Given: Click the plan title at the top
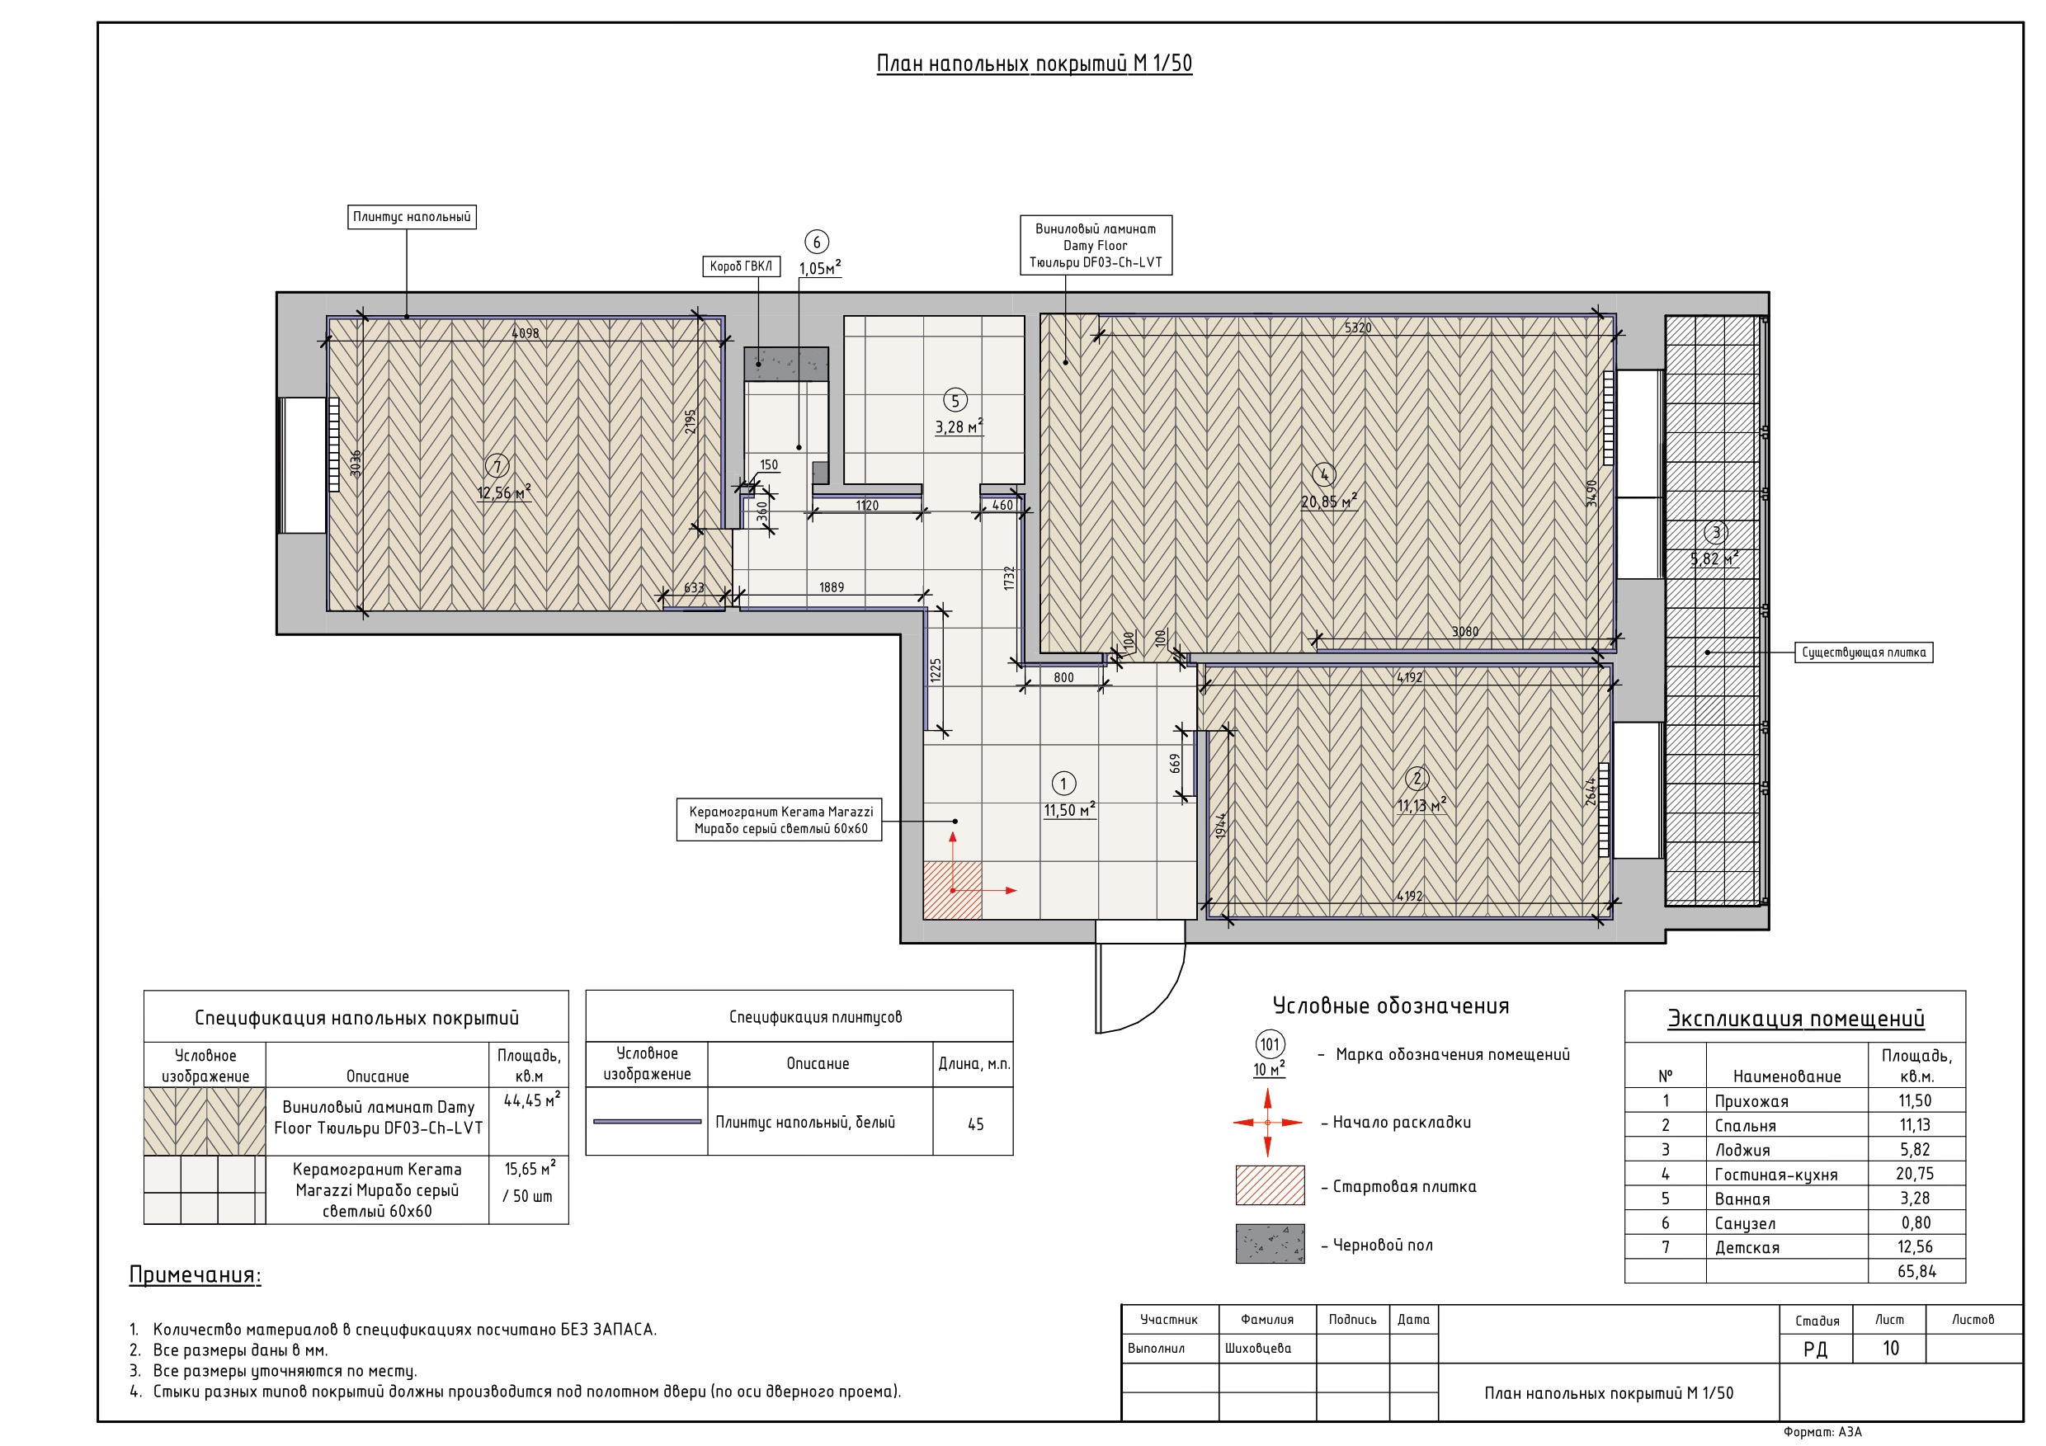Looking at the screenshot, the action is pos(1034,64).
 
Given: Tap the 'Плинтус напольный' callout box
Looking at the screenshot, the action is pos(412,216).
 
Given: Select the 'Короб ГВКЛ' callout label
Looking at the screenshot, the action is pos(742,266).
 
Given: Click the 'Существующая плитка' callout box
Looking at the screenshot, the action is pos(1864,652).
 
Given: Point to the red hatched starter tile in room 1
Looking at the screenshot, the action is pos(953,890).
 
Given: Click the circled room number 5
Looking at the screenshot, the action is pos(955,401).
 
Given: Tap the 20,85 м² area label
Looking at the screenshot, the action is pos(1328,501).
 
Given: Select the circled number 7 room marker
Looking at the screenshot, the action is pos(497,465).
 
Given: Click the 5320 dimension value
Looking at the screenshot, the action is pos(1357,327).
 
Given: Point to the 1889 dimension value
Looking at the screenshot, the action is pos(832,587).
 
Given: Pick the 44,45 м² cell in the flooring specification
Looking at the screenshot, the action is pos(531,1100).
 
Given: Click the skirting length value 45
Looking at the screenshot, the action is pos(976,1124).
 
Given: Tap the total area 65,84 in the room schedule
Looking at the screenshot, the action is pos(1916,1271).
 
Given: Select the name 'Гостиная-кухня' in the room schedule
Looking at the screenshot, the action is pos(1776,1175).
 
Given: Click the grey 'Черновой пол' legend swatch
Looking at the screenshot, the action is pos(1270,1244).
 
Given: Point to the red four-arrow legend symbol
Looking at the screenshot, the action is pos(1267,1123).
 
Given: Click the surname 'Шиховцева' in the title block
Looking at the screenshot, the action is pos(1257,1348).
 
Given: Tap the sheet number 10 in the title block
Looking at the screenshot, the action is pos(1890,1348).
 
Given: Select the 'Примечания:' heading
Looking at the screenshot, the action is pos(196,1275).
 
